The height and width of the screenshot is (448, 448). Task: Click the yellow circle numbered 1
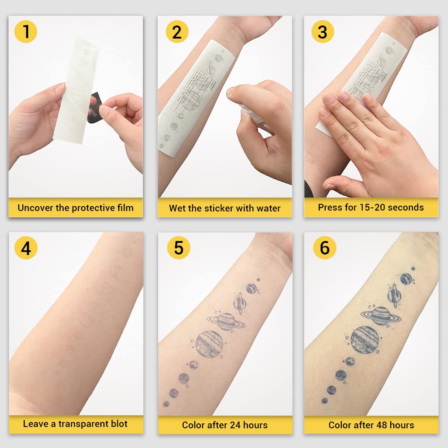26,31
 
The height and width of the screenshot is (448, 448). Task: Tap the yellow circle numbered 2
177,32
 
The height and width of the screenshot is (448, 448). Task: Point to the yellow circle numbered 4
26,248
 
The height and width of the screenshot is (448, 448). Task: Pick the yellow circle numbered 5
178,248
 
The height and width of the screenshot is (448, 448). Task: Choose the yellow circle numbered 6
325,248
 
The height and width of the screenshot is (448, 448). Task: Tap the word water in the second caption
268,208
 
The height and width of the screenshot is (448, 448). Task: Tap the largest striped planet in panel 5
209,344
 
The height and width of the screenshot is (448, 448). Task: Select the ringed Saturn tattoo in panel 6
380,315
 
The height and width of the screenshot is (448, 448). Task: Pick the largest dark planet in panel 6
364,340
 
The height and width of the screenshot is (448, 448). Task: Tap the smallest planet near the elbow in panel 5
166,404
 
